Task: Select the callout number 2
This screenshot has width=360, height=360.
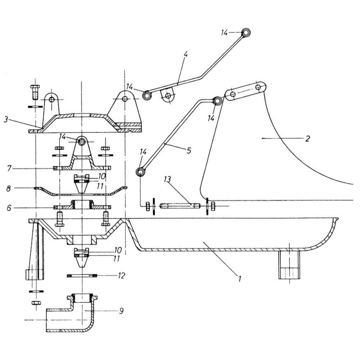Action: point(307,139)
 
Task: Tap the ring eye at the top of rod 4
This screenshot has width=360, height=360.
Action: point(246,32)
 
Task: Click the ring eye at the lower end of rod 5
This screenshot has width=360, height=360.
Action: point(141,171)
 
